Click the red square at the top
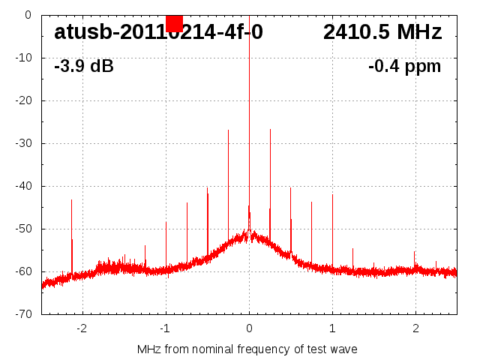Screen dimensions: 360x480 174,23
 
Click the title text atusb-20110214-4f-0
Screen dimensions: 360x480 158,32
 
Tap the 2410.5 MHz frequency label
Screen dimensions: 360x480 382,32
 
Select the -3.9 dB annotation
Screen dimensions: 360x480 83,66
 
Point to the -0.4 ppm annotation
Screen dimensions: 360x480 404,66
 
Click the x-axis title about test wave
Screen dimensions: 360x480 247,349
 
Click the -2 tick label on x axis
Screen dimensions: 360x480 82,328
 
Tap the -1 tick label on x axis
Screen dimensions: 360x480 165,328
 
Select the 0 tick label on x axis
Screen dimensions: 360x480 249,328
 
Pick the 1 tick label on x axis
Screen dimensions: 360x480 332,328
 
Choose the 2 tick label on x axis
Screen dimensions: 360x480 415,328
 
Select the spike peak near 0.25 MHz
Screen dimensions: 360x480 270,130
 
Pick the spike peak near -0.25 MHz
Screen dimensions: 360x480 228,131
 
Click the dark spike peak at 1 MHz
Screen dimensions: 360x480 332,196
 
